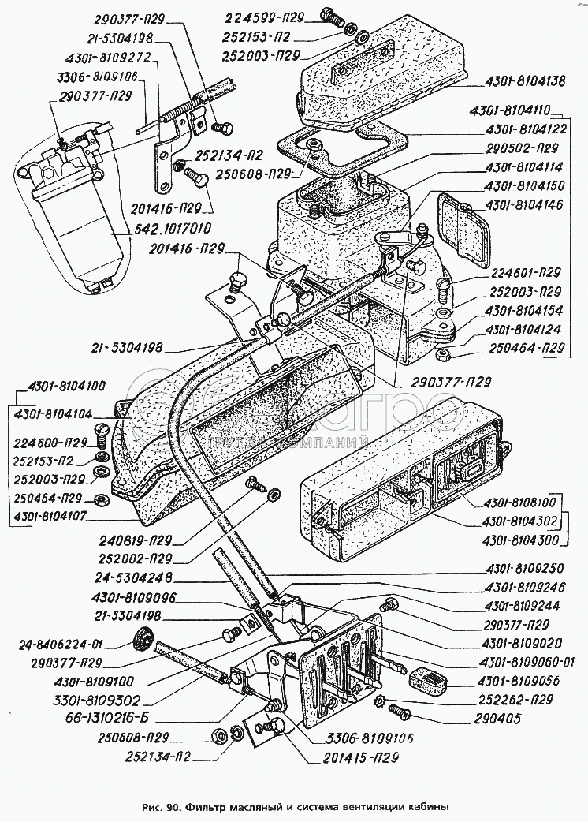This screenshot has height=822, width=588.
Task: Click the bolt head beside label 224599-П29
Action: [x=329, y=13]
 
